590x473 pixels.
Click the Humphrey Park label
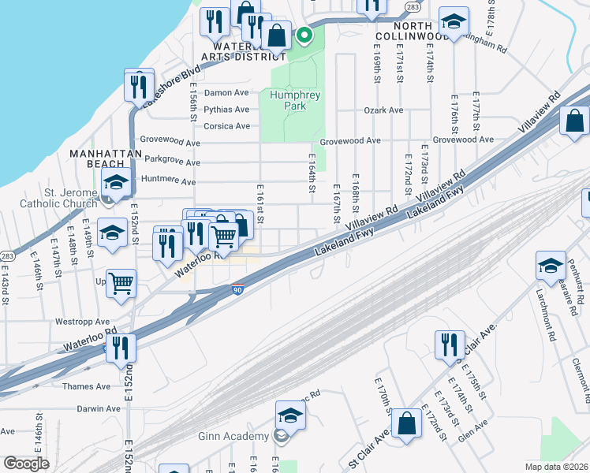295,100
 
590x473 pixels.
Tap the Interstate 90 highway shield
237,289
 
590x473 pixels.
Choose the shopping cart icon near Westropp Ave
121,284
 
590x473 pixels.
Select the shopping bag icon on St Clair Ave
406,423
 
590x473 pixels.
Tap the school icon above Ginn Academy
290,415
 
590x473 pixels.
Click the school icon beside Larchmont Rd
551,266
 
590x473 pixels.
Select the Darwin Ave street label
99,409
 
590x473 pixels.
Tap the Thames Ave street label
92,386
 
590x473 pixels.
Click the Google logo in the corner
26,464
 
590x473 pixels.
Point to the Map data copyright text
556,467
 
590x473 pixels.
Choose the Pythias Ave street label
226,110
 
